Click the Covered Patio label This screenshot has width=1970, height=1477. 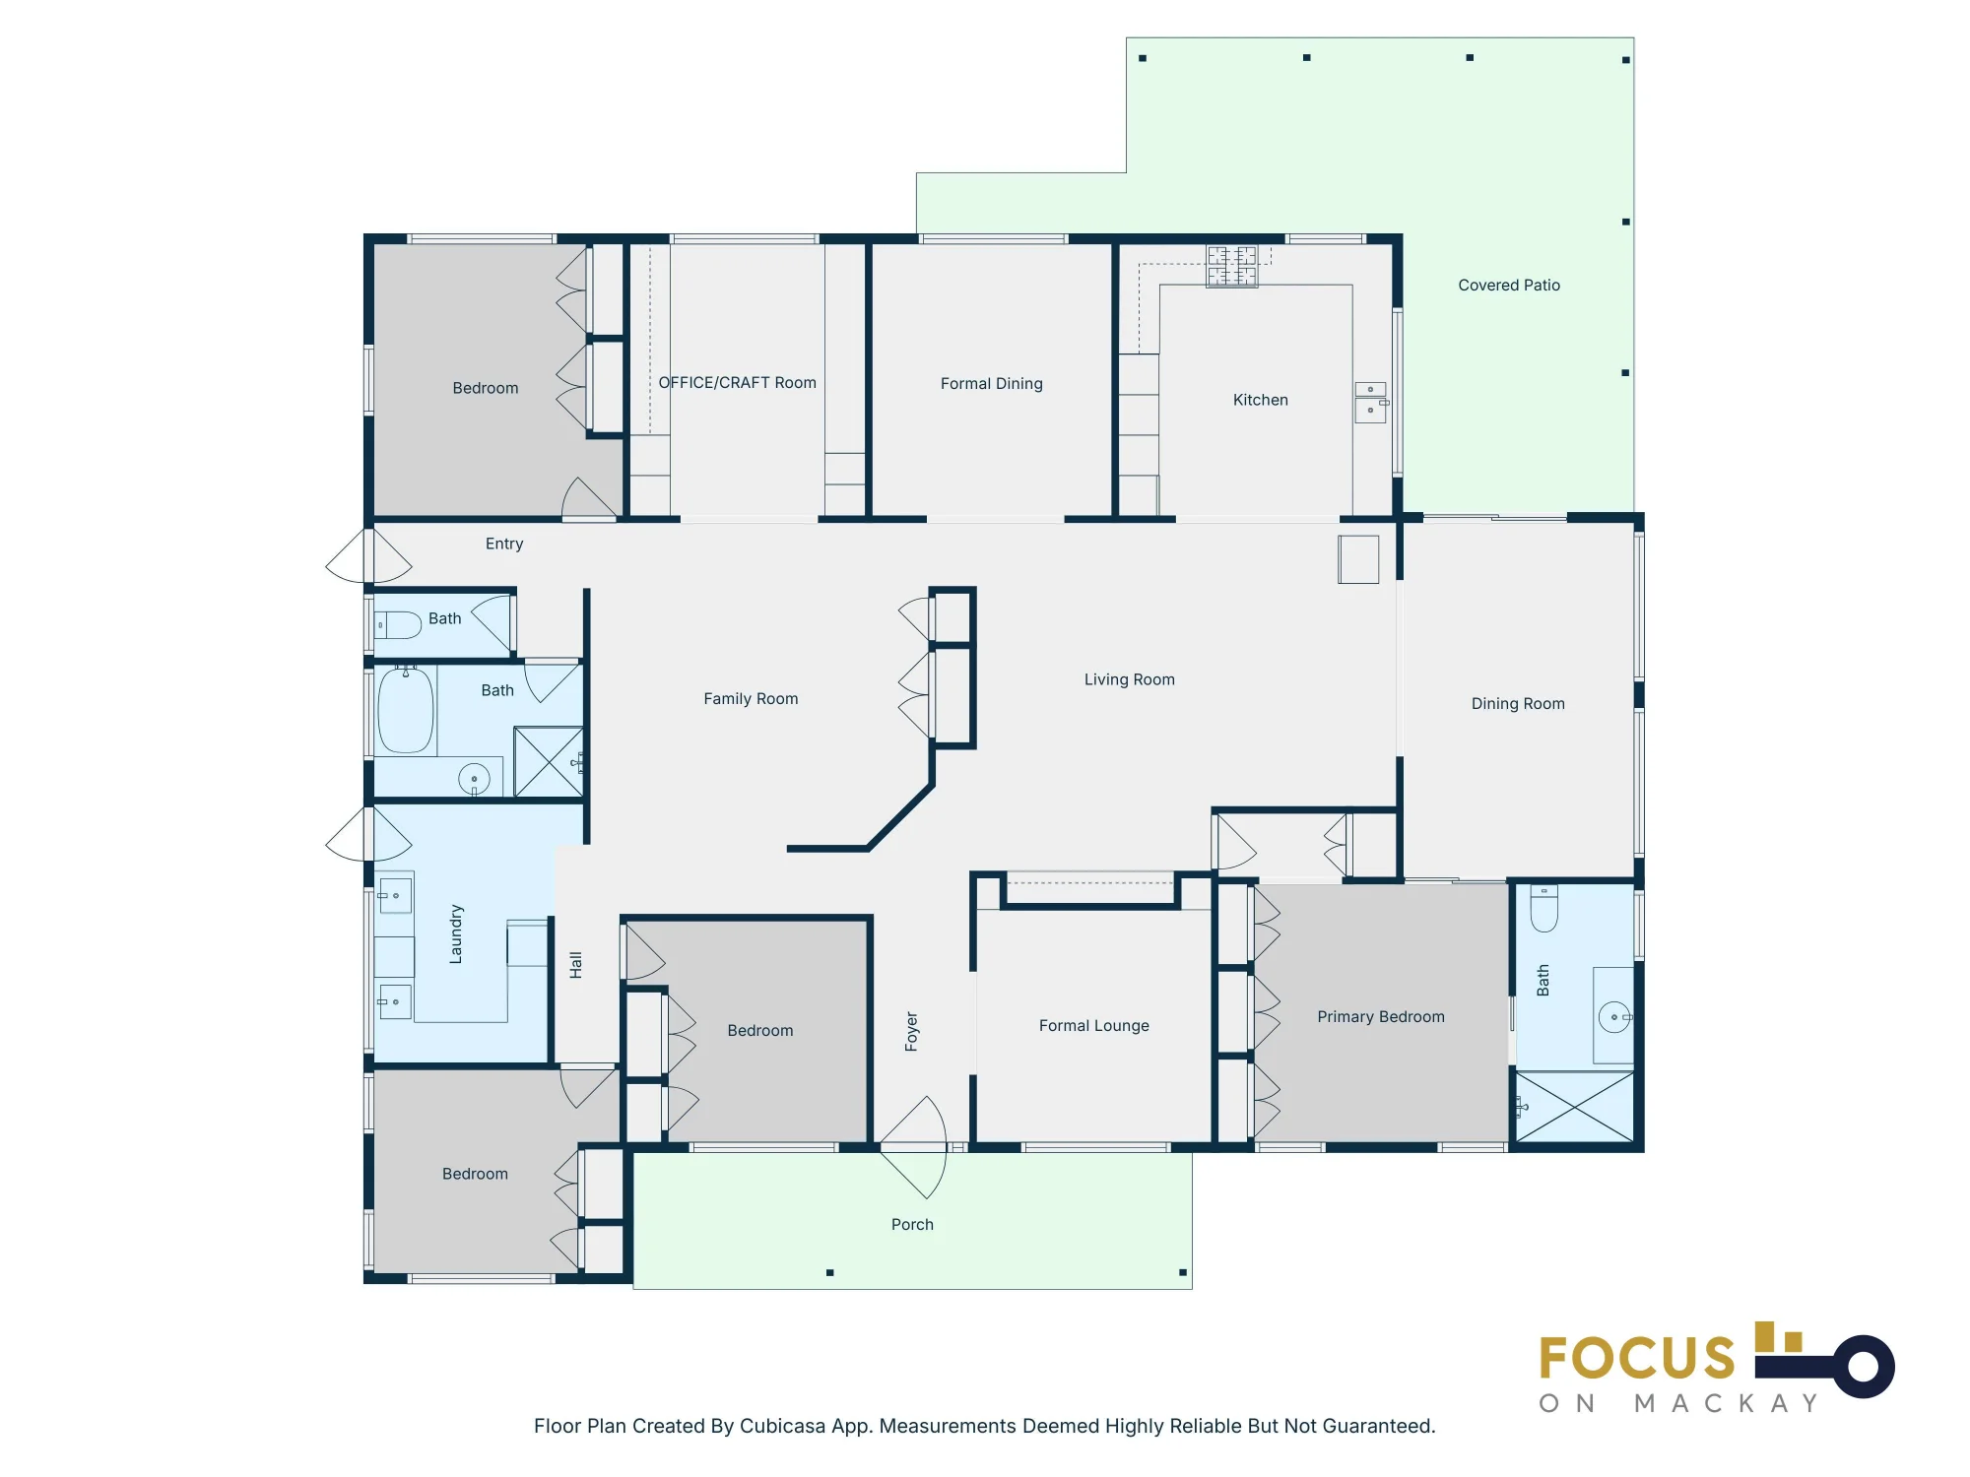(x=1509, y=286)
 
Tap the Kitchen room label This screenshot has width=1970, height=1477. (x=1261, y=400)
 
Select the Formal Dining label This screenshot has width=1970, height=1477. (x=992, y=384)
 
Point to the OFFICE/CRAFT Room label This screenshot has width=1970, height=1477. (x=738, y=383)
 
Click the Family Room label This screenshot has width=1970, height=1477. (x=751, y=699)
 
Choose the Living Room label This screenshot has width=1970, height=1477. (x=1130, y=679)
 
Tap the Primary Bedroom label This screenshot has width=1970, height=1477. (x=1381, y=1017)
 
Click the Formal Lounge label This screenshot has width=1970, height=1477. (x=1094, y=1026)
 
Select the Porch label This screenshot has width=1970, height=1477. (x=912, y=1225)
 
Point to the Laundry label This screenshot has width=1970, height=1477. (x=455, y=933)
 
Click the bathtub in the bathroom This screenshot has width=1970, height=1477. (x=406, y=709)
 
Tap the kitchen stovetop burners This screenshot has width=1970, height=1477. (x=1232, y=266)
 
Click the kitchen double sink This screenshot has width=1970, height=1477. (x=1370, y=403)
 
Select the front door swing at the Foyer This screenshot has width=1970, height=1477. (x=913, y=1147)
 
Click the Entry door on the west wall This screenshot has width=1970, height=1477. (x=368, y=556)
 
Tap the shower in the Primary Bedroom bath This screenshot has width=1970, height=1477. (x=1574, y=1108)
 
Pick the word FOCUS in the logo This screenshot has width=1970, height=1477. (x=1637, y=1359)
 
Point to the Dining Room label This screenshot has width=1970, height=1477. (x=1518, y=704)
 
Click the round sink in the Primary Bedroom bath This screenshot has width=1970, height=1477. (x=1613, y=1017)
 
